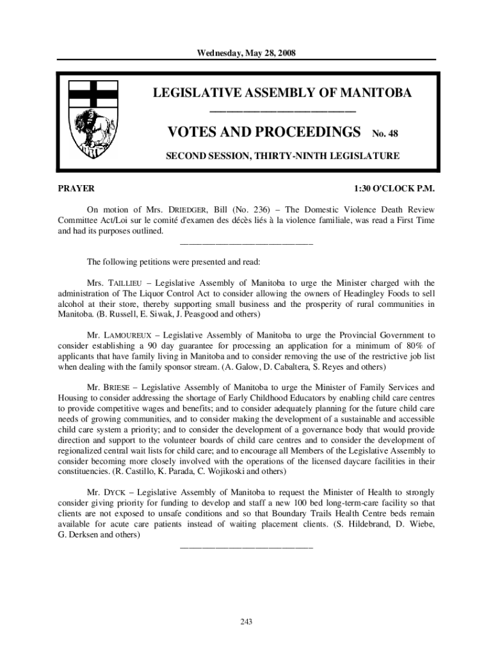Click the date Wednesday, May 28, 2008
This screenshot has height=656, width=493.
pyautogui.click(x=246, y=52)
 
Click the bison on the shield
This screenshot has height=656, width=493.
pyautogui.click(x=92, y=126)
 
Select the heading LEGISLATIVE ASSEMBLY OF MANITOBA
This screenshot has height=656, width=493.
pyautogui.click(x=282, y=94)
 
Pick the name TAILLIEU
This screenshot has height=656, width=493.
pyautogui.click(x=129, y=283)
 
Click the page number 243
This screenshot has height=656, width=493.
pyautogui.click(x=247, y=621)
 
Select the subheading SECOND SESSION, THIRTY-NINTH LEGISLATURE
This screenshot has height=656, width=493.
pyautogui.click(x=283, y=156)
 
